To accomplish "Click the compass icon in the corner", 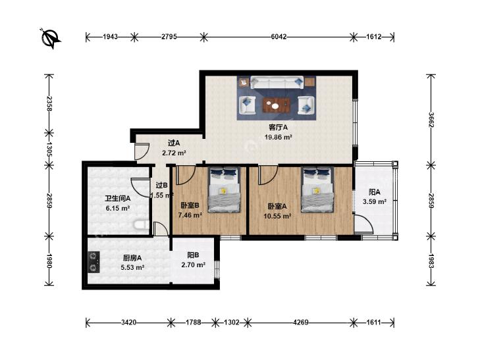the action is pyautogui.click(x=51, y=38).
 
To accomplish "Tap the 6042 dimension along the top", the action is pyautogui.click(x=279, y=37).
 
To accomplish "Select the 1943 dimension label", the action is pyautogui.click(x=110, y=37).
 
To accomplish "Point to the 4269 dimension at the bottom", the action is pyautogui.click(x=301, y=322).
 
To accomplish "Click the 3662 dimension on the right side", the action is pyautogui.click(x=431, y=120).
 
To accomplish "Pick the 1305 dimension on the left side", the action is pyautogui.click(x=49, y=149).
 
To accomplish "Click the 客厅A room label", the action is pyautogui.click(x=278, y=127).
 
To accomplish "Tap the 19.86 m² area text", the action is pyautogui.click(x=278, y=137).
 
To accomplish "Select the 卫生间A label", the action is pyautogui.click(x=118, y=199).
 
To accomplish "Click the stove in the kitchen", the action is pyautogui.click(x=93, y=262).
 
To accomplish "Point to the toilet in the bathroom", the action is pyautogui.click(x=142, y=225).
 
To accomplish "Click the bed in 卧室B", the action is pyautogui.click(x=224, y=190).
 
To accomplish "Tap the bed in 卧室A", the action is pyautogui.click(x=317, y=190).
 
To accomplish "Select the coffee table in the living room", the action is pyautogui.click(x=277, y=105).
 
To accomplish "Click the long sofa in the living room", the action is pyautogui.click(x=277, y=82).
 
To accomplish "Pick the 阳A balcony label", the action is pyautogui.click(x=375, y=192).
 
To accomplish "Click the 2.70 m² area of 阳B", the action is pyautogui.click(x=193, y=265).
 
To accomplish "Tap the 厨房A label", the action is pyautogui.click(x=132, y=258).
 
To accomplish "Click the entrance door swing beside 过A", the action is pyautogui.click(x=142, y=151).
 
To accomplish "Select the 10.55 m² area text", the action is pyautogui.click(x=277, y=217).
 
